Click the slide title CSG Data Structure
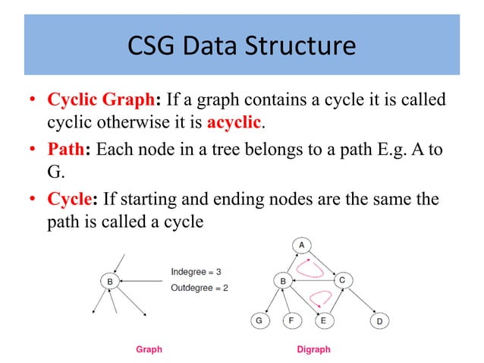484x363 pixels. [x=242, y=46]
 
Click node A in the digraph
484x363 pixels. [x=301, y=245]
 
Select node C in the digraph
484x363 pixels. [x=342, y=280]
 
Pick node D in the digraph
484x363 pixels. [x=379, y=321]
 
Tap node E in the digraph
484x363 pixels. [x=323, y=320]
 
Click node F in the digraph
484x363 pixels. [x=291, y=320]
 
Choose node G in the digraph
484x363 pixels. [x=259, y=320]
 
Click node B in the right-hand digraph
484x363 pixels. [x=283, y=281]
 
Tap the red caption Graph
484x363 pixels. [x=149, y=350]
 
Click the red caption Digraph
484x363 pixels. [x=313, y=350]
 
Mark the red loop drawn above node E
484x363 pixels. [x=319, y=296]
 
